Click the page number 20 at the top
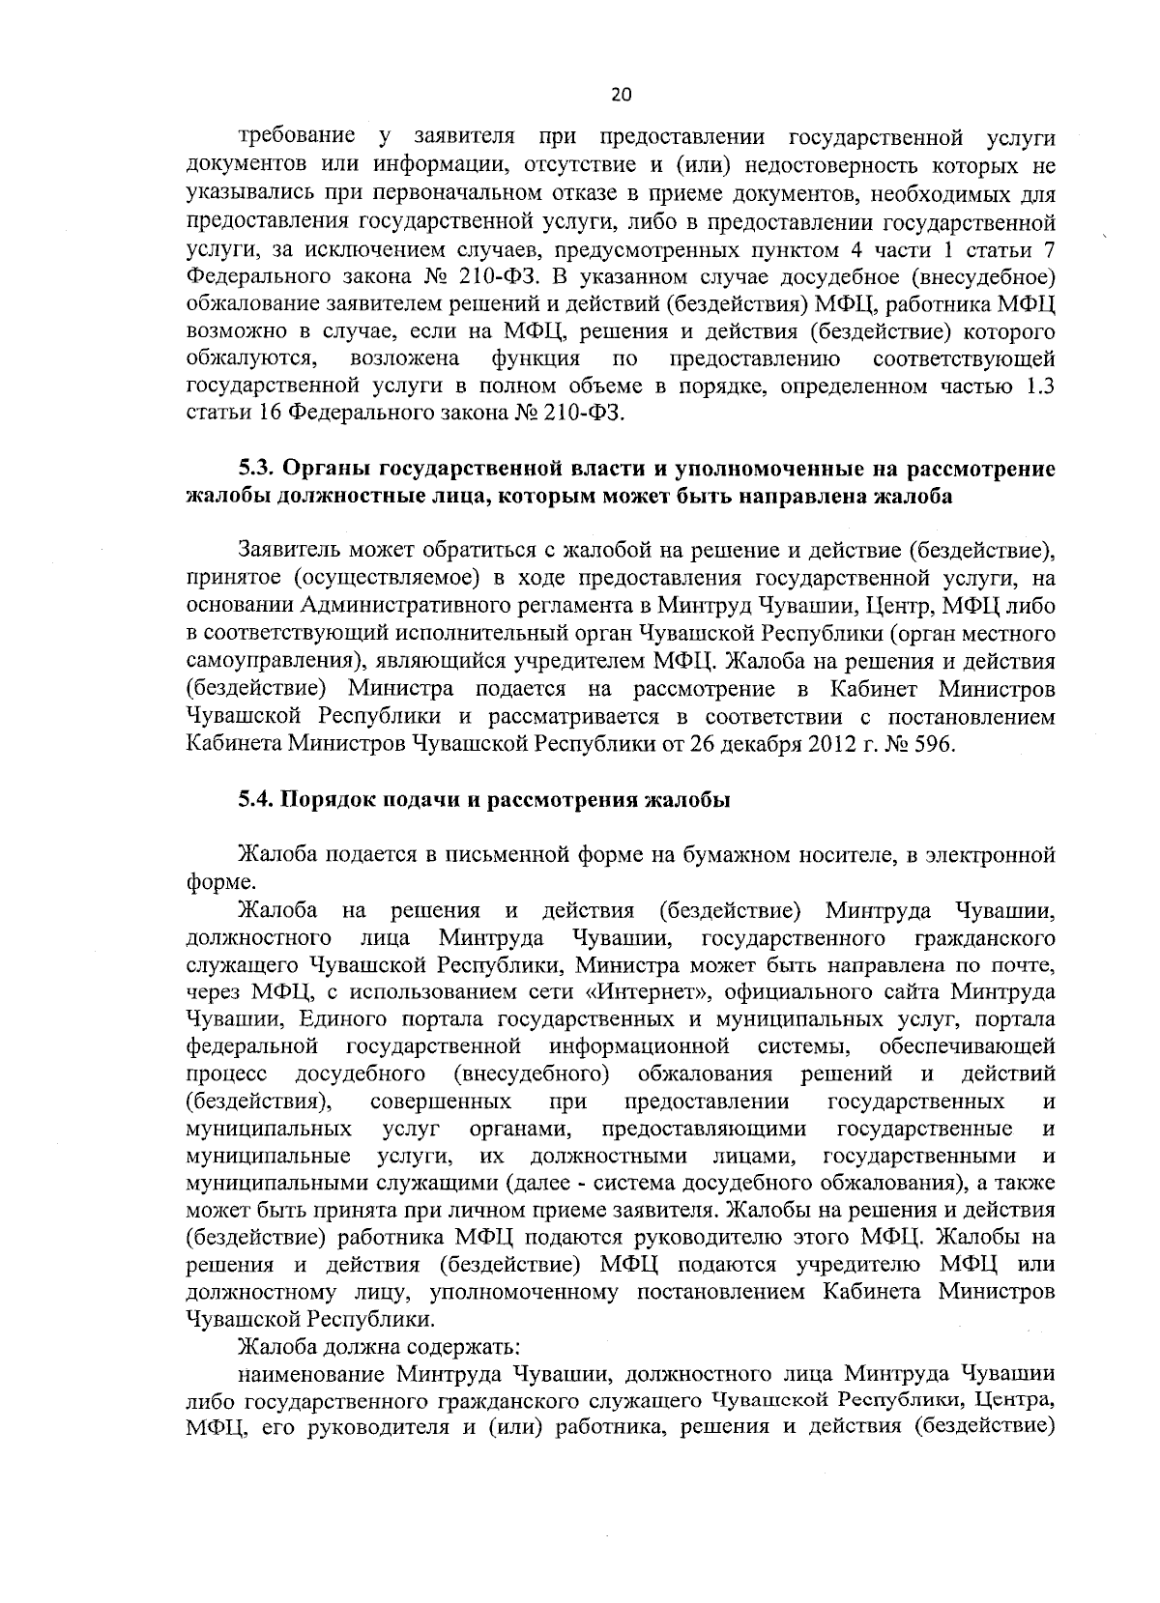click(621, 95)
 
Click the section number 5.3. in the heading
click(258, 470)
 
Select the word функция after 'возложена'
click(536, 359)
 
